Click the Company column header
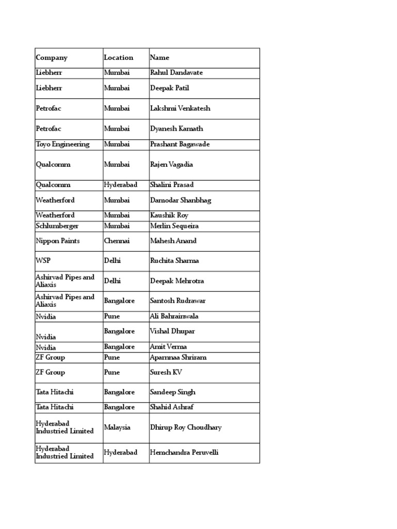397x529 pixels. (x=52, y=58)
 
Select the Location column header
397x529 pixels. (x=118, y=58)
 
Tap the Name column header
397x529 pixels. (x=160, y=58)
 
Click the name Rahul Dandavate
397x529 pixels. (x=176, y=73)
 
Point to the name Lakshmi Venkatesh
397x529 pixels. (x=180, y=108)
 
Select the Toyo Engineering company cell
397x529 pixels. (x=63, y=145)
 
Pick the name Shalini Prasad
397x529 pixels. (x=172, y=185)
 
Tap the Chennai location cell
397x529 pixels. (x=117, y=241)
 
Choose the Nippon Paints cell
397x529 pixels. (x=58, y=241)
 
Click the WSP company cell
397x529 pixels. (x=43, y=261)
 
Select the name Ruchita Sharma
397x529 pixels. (x=174, y=261)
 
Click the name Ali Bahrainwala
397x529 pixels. (x=174, y=316)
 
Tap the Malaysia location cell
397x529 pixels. (x=117, y=428)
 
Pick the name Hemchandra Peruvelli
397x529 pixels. (x=184, y=453)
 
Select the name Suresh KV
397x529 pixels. (x=166, y=372)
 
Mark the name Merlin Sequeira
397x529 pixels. (x=174, y=226)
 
